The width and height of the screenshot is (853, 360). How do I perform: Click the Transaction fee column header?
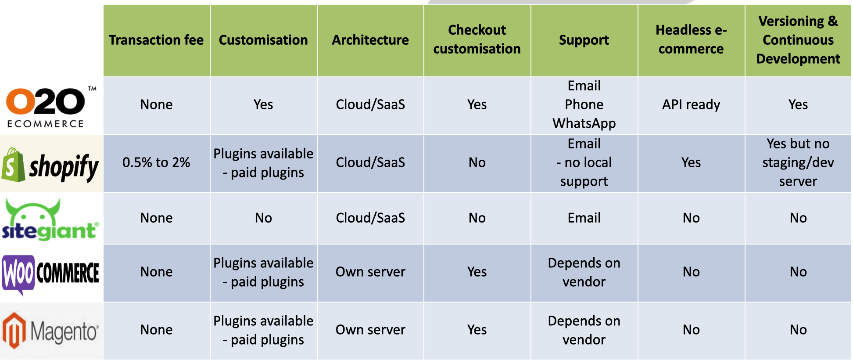(x=157, y=40)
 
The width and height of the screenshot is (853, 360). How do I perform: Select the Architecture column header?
(x=370, y=40)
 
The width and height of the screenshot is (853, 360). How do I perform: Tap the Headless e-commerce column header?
(x=691, y=40)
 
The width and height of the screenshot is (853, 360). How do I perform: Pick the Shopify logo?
(x=51, y=165)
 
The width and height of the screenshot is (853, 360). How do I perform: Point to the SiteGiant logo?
(x=50, y=220)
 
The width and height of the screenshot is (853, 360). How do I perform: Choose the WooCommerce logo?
(x=51, y=274)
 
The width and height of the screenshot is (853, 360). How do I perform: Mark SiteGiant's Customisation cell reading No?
(x=263, y=218)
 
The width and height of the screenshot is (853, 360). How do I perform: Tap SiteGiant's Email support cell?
(x=584, y=218)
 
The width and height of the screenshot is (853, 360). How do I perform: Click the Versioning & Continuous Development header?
(x=798, y=40)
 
